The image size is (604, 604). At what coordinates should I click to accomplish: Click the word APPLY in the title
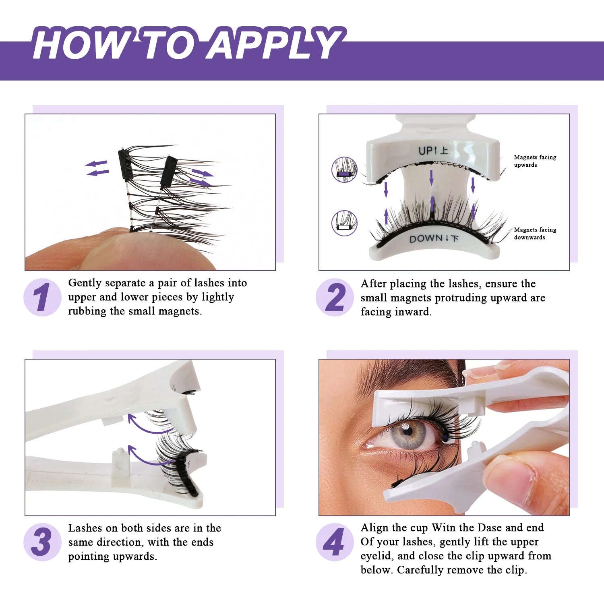(274, 43)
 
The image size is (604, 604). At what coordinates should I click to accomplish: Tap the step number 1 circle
(42, 297)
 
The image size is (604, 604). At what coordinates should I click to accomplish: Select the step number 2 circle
(335, 297)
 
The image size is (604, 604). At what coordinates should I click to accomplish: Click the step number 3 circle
(42, 542)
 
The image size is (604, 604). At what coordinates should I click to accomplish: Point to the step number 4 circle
(335, 542)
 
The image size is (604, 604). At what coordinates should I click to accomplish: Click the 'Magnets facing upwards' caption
(535, 161)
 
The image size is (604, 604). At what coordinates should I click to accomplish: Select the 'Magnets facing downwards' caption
(535, 234)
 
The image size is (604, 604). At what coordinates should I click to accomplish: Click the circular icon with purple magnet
(344, 170)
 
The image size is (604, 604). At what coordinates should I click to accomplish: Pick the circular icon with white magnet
(344, 223)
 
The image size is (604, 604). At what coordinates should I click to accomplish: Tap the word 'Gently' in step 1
(85, 283)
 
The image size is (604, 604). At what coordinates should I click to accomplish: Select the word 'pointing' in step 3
(88, 556)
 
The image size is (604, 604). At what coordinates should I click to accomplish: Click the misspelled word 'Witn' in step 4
(444, 527)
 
